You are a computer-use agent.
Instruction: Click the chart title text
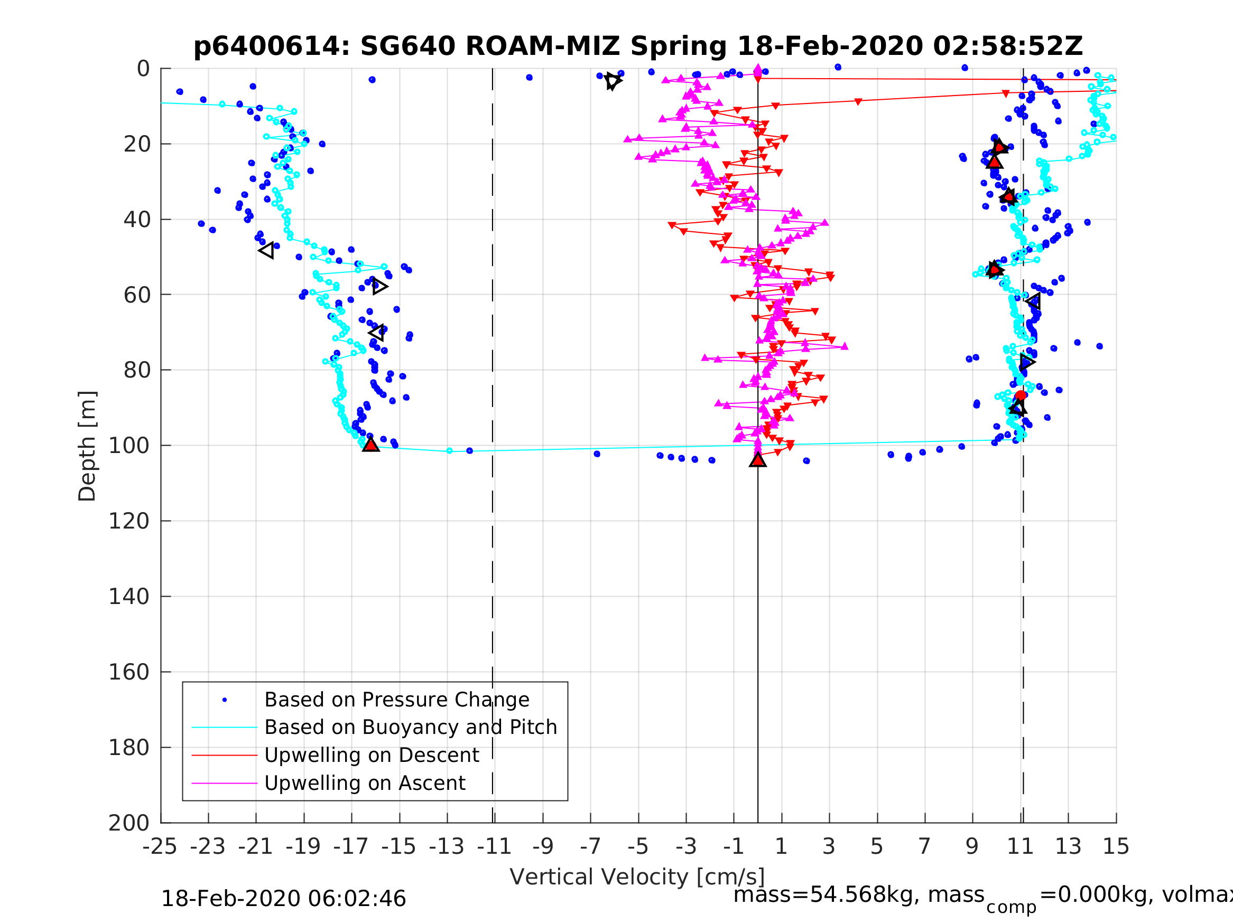pos(638,46)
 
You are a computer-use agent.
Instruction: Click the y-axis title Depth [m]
pos(88,446)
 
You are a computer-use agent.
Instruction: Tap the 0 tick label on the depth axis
pos(143,69)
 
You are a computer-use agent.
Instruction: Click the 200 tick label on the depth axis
pos(129,823)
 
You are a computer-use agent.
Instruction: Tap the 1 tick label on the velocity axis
pos(781,846)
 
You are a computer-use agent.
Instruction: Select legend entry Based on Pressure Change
pos(396,700)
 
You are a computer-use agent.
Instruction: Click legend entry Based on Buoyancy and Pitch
pos(410,728)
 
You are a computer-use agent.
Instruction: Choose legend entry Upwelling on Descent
pos(371,755)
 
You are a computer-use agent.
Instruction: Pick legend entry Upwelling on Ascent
pos(365,783)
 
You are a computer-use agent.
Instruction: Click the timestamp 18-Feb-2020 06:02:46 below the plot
pos(283,899)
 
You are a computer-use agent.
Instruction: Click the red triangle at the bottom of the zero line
pos(757,460)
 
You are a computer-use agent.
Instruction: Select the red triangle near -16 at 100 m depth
pos(370,445)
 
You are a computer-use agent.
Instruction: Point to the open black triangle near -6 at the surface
pos(613,81)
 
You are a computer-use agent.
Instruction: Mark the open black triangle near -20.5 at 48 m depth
pos(267,251)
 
